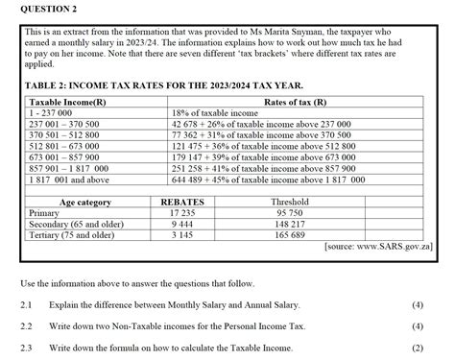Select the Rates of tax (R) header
pos(294,101)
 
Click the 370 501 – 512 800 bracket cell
pos(69,135)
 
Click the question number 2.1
pos(27,304)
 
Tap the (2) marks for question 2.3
pos(418,348)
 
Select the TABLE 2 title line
pos(172,84)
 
